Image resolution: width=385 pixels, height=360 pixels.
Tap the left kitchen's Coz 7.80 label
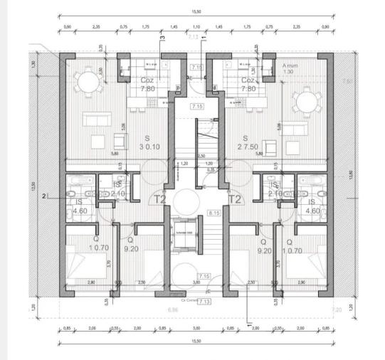point(148,85)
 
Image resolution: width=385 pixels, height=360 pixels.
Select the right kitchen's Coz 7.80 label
point(248,85)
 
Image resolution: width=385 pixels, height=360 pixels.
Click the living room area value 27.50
point(245,142)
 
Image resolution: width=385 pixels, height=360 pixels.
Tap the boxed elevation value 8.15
point(213,213)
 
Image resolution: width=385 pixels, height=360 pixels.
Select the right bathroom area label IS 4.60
point(312,206)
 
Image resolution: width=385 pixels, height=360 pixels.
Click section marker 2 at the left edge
point(43,196)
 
